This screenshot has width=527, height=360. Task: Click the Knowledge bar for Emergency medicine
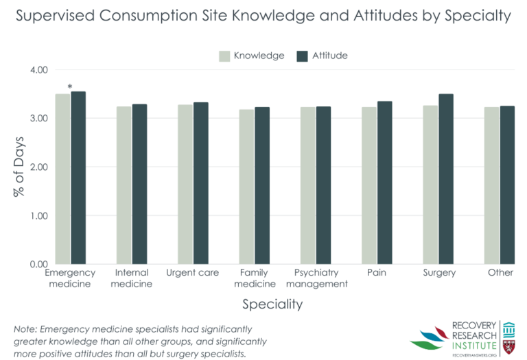(62, 179)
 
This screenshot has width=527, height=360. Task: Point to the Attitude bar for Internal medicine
(139, 184)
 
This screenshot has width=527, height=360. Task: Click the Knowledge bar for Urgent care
(185, 184)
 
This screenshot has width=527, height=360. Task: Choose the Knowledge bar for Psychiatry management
(307, 185)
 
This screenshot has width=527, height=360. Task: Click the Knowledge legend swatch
(224, 56)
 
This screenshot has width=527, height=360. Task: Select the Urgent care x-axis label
(193, 273)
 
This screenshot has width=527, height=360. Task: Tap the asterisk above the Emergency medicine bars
(70, 86)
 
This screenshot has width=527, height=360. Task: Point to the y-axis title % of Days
(19, 167)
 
